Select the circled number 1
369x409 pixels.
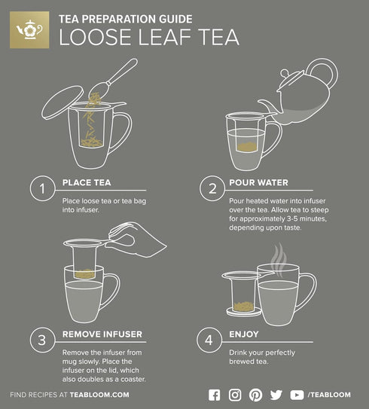pos(42,188)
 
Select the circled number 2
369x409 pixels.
pos(212,188)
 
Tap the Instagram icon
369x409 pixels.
pos(235,395)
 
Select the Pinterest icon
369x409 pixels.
pos(255,395)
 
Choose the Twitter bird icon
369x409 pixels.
pos(276,395)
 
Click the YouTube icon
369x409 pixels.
pos(297,395)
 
